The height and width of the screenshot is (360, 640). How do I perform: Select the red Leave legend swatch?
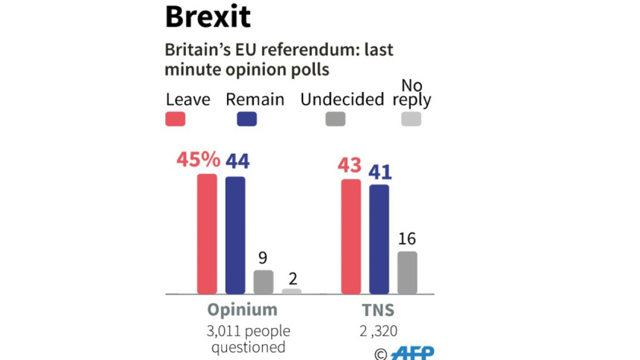175,119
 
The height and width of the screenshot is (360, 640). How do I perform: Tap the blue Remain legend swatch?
246,119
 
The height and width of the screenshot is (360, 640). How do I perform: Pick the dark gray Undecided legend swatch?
335,119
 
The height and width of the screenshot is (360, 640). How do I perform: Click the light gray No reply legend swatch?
411,119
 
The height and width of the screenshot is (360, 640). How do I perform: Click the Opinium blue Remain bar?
235,235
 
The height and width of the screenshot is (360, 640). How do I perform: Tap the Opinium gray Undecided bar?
264,282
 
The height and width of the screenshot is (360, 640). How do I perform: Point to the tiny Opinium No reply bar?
292,291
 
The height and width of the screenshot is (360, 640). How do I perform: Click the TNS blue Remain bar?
379,238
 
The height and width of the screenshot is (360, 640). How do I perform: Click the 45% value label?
198,159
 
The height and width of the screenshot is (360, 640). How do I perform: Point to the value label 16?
407,239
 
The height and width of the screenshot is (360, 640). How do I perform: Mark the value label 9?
263,258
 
